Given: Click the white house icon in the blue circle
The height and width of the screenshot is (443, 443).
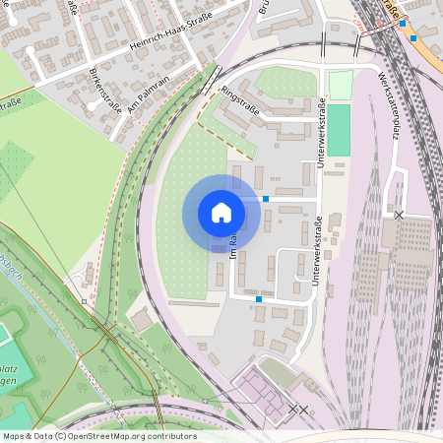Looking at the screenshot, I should pyautogui.click(x=221, y=213).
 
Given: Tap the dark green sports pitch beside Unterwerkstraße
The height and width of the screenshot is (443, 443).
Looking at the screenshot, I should pyautogui.click(x=339, y=130).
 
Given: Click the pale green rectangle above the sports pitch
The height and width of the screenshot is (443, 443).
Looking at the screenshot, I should pyautogui.click(x=340, y=85).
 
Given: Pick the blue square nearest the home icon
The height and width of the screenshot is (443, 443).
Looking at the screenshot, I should pyautogui.click(x=266, y=199).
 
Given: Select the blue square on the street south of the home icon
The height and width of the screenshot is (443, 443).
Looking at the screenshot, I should pyautogui.click(x=259, y=298).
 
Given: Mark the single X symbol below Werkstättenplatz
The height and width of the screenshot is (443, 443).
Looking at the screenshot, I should pyautogui.click(x=399, y=214).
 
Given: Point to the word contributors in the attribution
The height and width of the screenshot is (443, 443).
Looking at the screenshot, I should pyautogui.click(x=173, y=435).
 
